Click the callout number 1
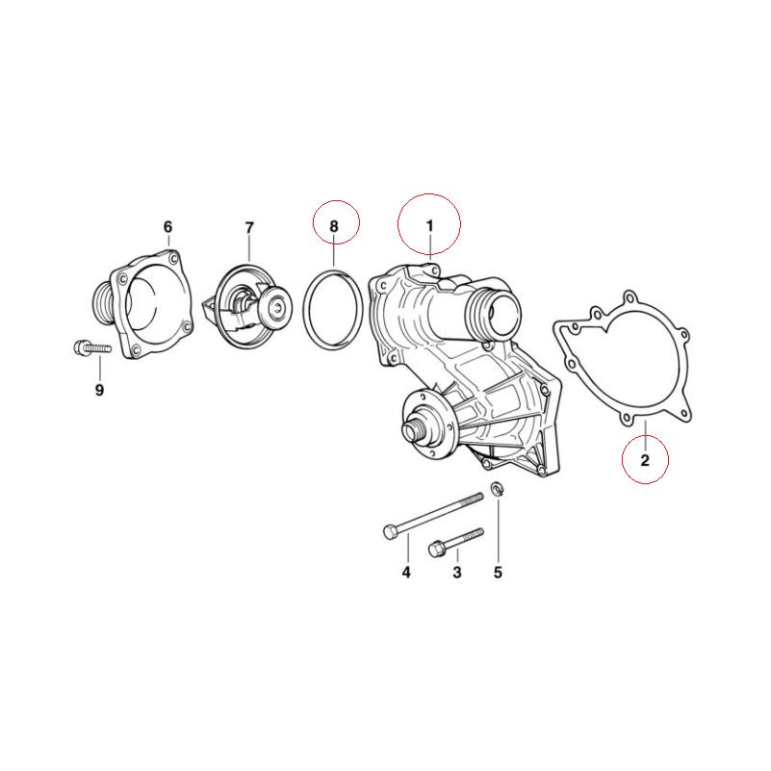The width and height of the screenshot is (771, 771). coord(430,225)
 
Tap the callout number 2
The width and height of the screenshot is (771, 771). coord(645,460)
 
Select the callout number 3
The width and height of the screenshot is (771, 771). coord(457,573)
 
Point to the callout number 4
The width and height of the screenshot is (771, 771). coord(406,573)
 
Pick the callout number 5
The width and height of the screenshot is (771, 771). coord(498,573)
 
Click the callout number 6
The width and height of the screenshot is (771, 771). coord(167,227)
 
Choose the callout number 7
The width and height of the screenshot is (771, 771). coord(249,227)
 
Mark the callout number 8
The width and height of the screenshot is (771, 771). coord(334,225)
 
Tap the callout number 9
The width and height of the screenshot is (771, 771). coord(99,390)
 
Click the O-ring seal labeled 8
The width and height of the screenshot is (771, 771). coord(307,306)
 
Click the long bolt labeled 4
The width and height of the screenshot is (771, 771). coord(433,514)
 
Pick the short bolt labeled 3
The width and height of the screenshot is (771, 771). coord(452,541)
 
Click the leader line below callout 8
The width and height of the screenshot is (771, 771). coord(334,253)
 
